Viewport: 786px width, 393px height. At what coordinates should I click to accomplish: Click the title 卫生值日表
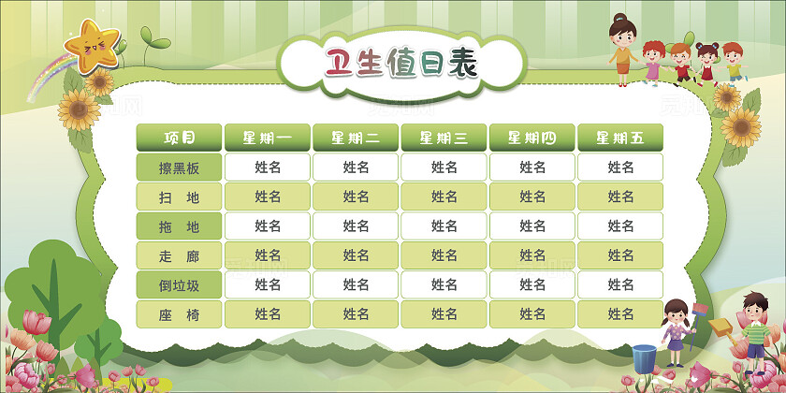pyautogui.click(x=400, y=64)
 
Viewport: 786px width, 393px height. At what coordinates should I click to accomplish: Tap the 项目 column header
pyautogui.click(x=180, y=138)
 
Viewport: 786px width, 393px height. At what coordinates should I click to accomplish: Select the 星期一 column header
pyautogui.click(x=268, y=138)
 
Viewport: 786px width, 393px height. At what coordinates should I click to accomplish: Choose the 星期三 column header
pyautogui.click(x=444, y=138)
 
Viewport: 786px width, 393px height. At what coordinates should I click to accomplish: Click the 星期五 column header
pyautogui.click(x=620, y=138)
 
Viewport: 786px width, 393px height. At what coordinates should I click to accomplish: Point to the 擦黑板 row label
pyautogui.click(x=180, y=168)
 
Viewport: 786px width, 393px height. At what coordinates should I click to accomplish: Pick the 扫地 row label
pyautogui.click(x=180, y=197)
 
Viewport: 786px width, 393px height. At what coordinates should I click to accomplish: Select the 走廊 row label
pyautogui.click(x=180, y=255)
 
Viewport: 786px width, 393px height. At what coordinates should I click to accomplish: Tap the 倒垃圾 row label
pyautogui.click(x=180, y=284)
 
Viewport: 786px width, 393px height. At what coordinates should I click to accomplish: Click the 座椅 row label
pyautogui.click(x=180, y=314)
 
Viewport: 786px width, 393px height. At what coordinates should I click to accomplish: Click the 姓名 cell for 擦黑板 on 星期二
pyautogui.click(x=356, y=168)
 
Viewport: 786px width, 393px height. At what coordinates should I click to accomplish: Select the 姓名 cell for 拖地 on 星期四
pyautogui.click(x=532, y=226)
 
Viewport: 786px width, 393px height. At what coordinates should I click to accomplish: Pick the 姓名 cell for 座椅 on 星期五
pyautogui.click(x=620, y=314)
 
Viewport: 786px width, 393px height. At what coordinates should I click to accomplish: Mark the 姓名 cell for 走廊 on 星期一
pyautogui.click(x=268, y=255)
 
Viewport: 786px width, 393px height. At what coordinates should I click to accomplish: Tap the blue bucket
pyautogui.click(x=644, y=358)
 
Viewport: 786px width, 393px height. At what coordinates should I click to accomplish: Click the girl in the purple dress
pyautogui.click(x=675, y=331)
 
